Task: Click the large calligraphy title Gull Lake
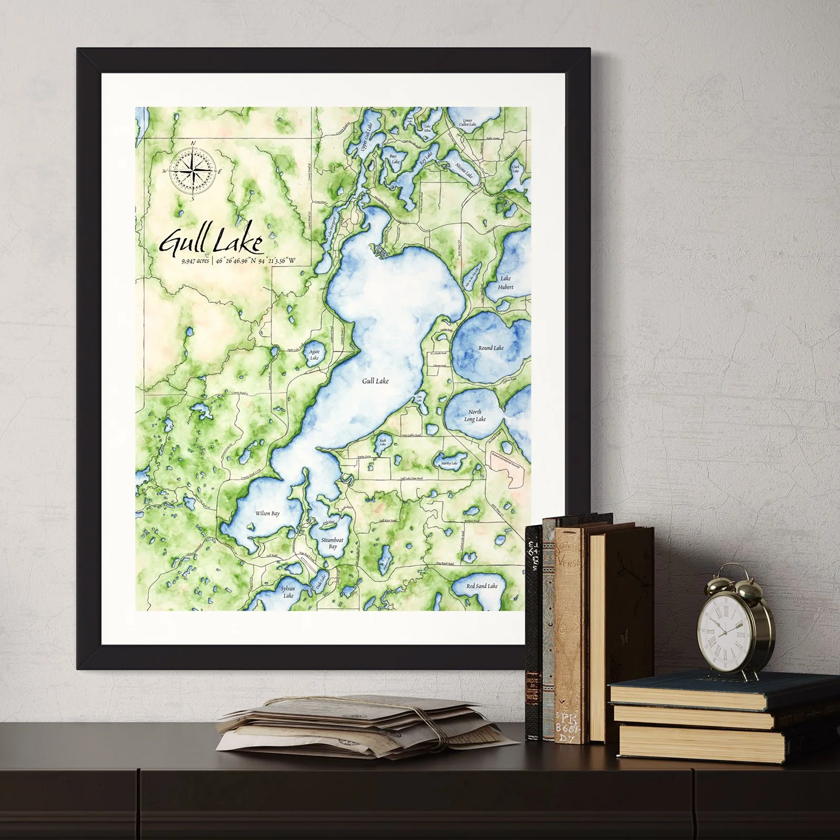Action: (x=211, y=243)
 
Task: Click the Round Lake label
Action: (x=491, y=348)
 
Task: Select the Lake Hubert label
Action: (x=506, y=282)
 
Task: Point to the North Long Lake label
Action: (x=475, y=415)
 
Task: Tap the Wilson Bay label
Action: (x=267, y=513)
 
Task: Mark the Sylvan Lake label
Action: (x=288, y=592)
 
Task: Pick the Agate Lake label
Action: (x=314, y=355)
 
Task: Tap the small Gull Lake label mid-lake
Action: (x=375, y=381)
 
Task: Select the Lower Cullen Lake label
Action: (x=467, y=122)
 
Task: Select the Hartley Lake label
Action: (x=449, y=464)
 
